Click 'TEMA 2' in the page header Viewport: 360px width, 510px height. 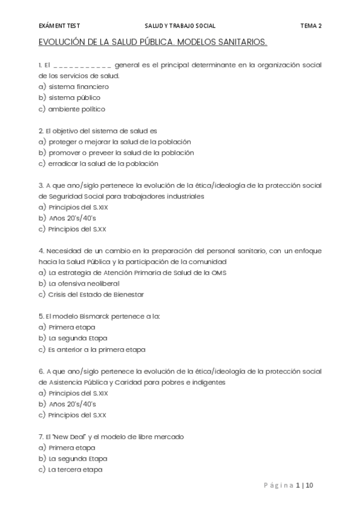tap(311, 26)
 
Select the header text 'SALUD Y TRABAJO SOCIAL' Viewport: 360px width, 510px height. tap(180, 26)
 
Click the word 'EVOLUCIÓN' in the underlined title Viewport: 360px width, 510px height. tap(65, 44)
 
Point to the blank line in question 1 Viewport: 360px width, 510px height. tap(82, 64)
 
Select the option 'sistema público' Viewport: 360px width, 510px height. tap(75, 97)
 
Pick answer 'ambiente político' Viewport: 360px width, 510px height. tap(77, 109)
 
